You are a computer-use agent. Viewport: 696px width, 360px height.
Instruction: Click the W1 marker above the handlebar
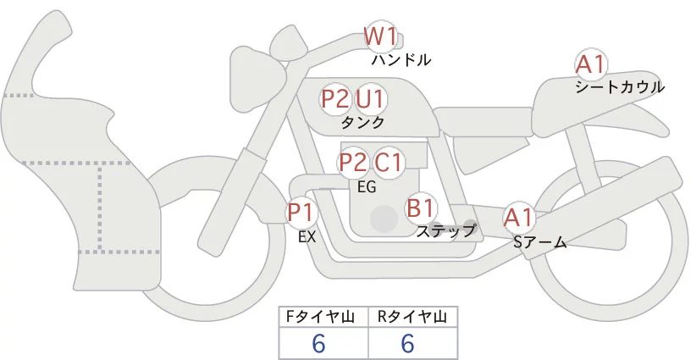pyautogui.click(x=380, y=36)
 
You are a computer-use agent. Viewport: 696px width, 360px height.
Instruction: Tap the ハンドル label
pyautogui.click(x=401, y=60)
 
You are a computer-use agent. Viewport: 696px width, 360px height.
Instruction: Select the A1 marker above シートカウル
pyautogui.click(x=589, y=64)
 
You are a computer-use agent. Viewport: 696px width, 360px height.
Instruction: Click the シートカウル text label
pyautogui.click(x=620, y=86)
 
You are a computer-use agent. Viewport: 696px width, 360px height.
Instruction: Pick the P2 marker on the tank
pyautogui.click(x=336, y=99)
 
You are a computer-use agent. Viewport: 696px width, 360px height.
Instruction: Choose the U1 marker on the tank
pyautogui.click(x=370, y=99)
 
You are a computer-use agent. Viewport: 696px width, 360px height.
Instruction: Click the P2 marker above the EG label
pyautogui.click(x=353, y=162)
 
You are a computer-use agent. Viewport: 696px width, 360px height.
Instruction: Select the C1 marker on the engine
pyautogui.click(x=389, y=162)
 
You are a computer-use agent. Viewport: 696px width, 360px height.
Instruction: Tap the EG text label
pyautogui.click(x=367, y=187)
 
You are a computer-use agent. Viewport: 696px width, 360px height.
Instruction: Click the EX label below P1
pyautogui.click(x=307, y=237)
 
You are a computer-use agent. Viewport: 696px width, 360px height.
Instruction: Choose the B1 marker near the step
pyautogui.click(x=421, y=207)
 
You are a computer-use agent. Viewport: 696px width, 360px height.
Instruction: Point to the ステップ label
pyautogui.click(x=446, y=230)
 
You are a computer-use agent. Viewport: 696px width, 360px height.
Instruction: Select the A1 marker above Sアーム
pyautogui.click(x=518, y=218)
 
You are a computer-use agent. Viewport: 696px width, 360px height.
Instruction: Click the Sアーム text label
pyautogui.click(x=539, y=242)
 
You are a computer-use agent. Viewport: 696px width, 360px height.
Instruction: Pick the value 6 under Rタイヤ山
pyautogui.click(x=408, y=343)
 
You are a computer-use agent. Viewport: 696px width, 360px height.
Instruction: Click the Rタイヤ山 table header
pyautogui.click(x=412, y=318)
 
